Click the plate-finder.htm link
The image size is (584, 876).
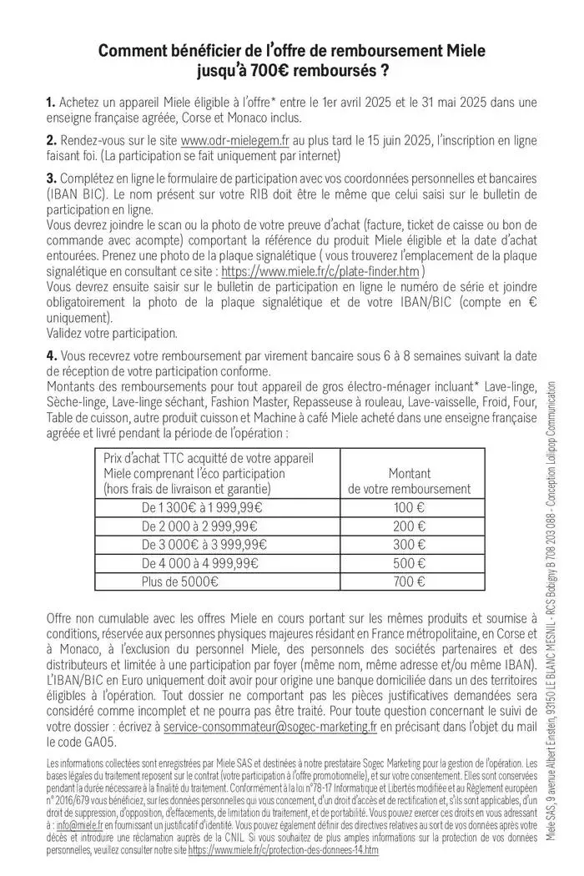coord(321,271)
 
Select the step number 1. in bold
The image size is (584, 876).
coord(52,103)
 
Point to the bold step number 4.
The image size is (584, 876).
coord(52,356)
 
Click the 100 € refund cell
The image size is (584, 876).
coord(409,507)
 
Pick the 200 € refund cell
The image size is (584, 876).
coord(409,526)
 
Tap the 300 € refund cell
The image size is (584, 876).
coord(409,545)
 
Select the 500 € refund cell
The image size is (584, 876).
coord(409,564)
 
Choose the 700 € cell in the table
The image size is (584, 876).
coord(409,582)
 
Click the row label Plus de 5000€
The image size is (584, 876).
coord(180,582)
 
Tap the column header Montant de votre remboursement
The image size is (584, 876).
coord(409,481)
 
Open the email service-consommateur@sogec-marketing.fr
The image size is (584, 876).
coord(270,727)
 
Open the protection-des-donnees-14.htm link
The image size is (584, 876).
coord(284,850)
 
